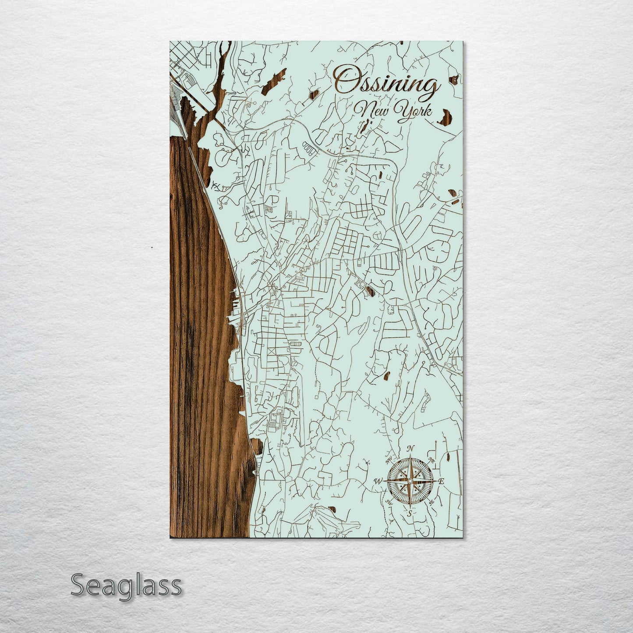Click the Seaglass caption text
pyautogui.click(x=126, y=585)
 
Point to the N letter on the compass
pyautogui.click(x=410, y=448)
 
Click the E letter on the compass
pyautogui.click(x=442, y=481)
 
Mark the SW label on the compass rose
pyautogui.click(x=388, y=502)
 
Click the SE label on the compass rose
pyautogui.click(x=432, y=502)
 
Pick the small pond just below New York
pyautogui.click(x=363, y=127)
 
